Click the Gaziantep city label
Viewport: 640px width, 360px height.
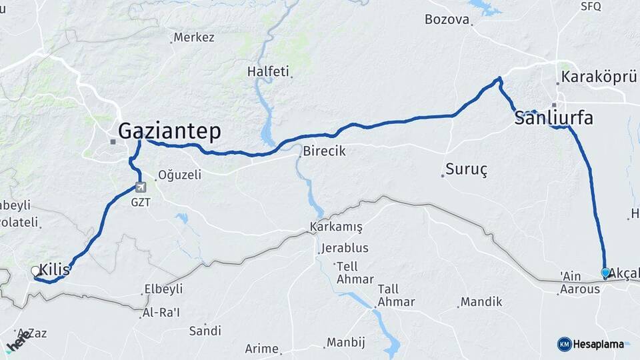169,131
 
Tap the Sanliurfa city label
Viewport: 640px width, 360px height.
553,119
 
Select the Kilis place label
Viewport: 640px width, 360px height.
55,269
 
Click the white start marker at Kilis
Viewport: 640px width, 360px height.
35,271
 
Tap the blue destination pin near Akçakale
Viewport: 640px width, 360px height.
605,273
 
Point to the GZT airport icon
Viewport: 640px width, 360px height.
140,187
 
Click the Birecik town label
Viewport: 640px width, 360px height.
324,151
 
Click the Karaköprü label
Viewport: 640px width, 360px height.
599,77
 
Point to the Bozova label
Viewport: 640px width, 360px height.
447,19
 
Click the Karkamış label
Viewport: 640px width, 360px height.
336,227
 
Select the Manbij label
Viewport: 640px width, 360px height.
346,343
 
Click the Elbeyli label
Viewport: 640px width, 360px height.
163,290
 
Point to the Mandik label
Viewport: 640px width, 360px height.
481,302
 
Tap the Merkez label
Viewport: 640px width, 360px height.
193,37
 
